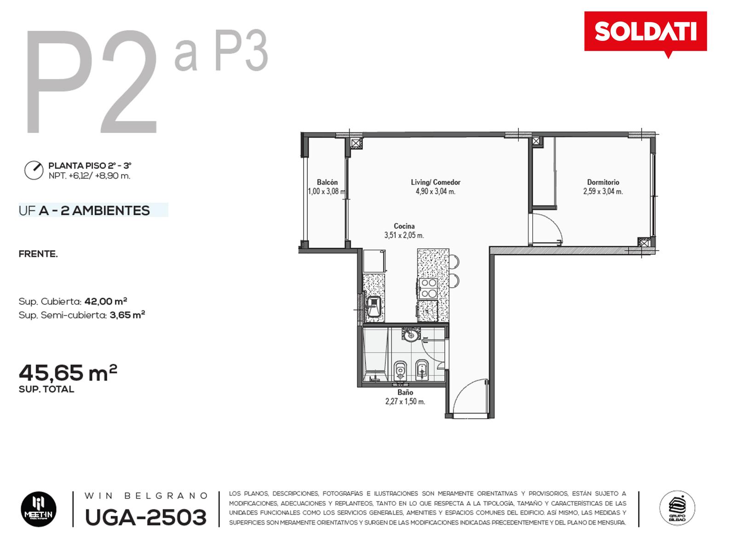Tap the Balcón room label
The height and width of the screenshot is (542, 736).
tap(327, 182)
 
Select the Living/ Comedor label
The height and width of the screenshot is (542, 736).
tap(436, 182)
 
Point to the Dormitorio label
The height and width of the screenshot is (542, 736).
tap(603, 182)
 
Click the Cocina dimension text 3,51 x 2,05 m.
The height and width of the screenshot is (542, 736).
tap(404, 235)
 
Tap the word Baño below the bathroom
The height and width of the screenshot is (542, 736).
tap(405, 392)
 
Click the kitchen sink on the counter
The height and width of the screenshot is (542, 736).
tap(374, 307)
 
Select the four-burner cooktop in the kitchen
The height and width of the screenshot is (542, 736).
tap(429, 288)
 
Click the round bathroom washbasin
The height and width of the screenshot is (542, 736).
tap(411, 335)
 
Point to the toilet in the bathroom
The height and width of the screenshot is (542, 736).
tap(400, 371)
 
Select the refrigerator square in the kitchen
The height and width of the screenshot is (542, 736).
tap(374, 261)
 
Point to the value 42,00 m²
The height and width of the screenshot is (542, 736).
tap(106, 302)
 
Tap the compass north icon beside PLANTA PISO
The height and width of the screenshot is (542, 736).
tap(34, 171)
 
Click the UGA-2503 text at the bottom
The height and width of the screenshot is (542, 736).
tap(146, 518)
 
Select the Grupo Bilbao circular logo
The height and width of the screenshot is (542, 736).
tap(677, 508)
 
